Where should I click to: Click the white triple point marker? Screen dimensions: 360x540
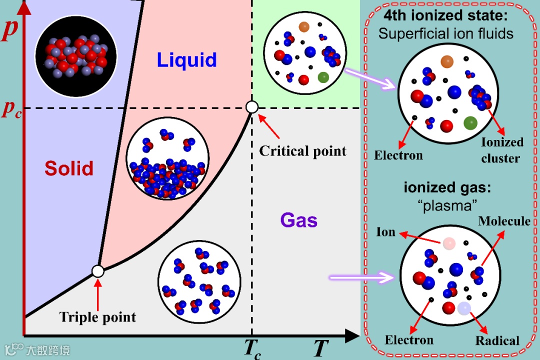[98, 271]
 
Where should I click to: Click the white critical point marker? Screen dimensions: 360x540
[252, 106]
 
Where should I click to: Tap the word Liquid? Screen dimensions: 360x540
[186, 60]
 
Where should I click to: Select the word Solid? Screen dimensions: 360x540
[69, 168]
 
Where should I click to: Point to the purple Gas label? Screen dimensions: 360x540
[299, 220]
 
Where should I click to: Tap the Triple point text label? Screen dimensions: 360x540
[97, 317]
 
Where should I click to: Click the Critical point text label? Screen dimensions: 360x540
[302, 151]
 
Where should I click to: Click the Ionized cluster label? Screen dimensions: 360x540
[501, 150]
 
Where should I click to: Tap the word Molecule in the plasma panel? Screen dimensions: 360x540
[504, 221]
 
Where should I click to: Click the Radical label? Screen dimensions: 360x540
[497, 340]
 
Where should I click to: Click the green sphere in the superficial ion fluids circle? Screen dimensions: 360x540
[470, 122]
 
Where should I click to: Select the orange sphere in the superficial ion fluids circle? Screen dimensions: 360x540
[446, 61]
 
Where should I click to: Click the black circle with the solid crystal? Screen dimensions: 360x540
[75, 56]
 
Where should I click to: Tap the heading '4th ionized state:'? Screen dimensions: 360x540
[445, 15]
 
